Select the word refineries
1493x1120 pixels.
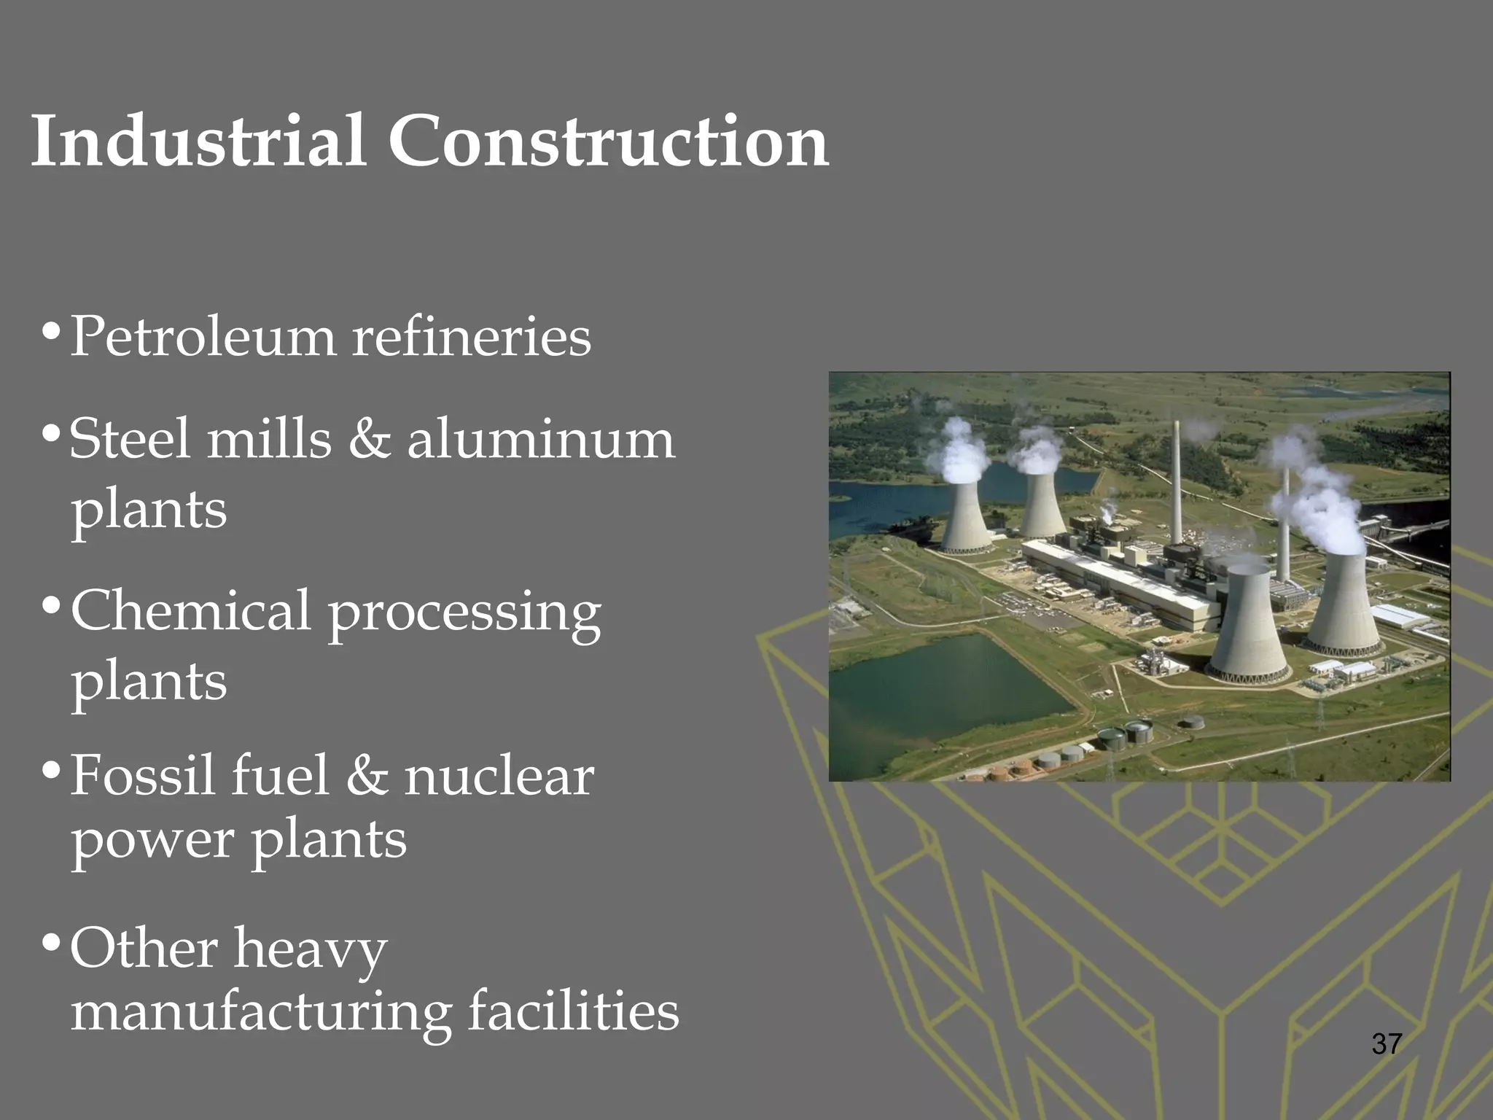472,337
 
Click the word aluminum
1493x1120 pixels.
541,440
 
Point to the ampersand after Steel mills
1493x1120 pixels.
369,440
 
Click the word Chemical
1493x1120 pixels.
191,611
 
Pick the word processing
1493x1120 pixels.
464,614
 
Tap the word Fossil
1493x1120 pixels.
143,775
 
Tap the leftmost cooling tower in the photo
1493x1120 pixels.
965,514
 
